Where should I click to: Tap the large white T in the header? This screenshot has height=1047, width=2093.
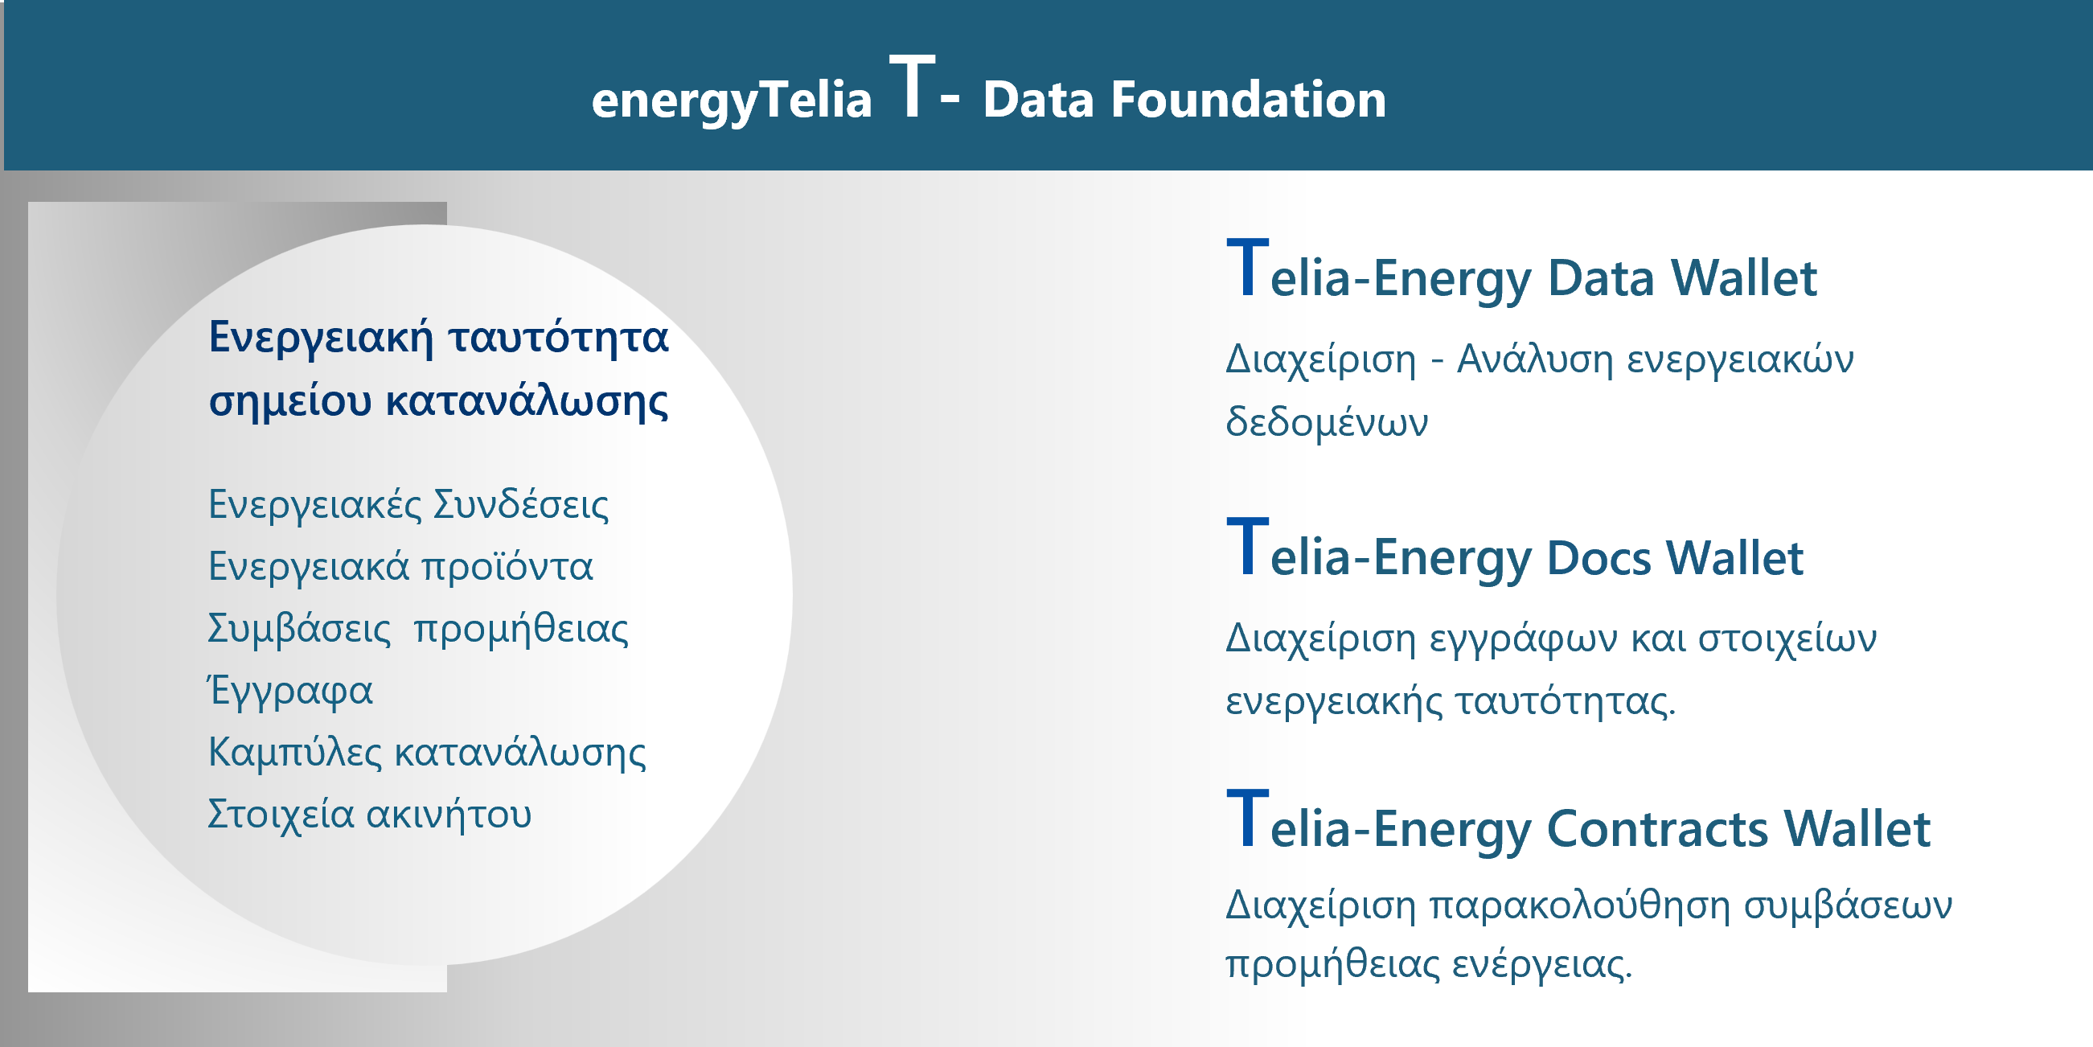coord(912,86)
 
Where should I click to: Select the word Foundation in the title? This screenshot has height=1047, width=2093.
coord(1248,99)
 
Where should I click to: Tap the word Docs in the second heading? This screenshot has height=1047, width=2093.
coord(1599,558)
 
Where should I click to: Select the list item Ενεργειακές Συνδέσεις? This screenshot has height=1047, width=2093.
coord(408,505)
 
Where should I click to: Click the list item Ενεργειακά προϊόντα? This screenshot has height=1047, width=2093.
coord(400,567)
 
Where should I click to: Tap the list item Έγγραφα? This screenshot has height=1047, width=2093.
coord(290,691)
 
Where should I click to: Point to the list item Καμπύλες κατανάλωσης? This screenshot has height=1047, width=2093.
coord(428,753)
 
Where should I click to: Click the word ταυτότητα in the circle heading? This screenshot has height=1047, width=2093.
coord(558,336)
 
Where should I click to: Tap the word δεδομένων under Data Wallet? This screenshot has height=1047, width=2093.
coord(1327,422)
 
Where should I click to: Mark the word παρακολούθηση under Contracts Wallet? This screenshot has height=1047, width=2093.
coord(1579,905)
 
